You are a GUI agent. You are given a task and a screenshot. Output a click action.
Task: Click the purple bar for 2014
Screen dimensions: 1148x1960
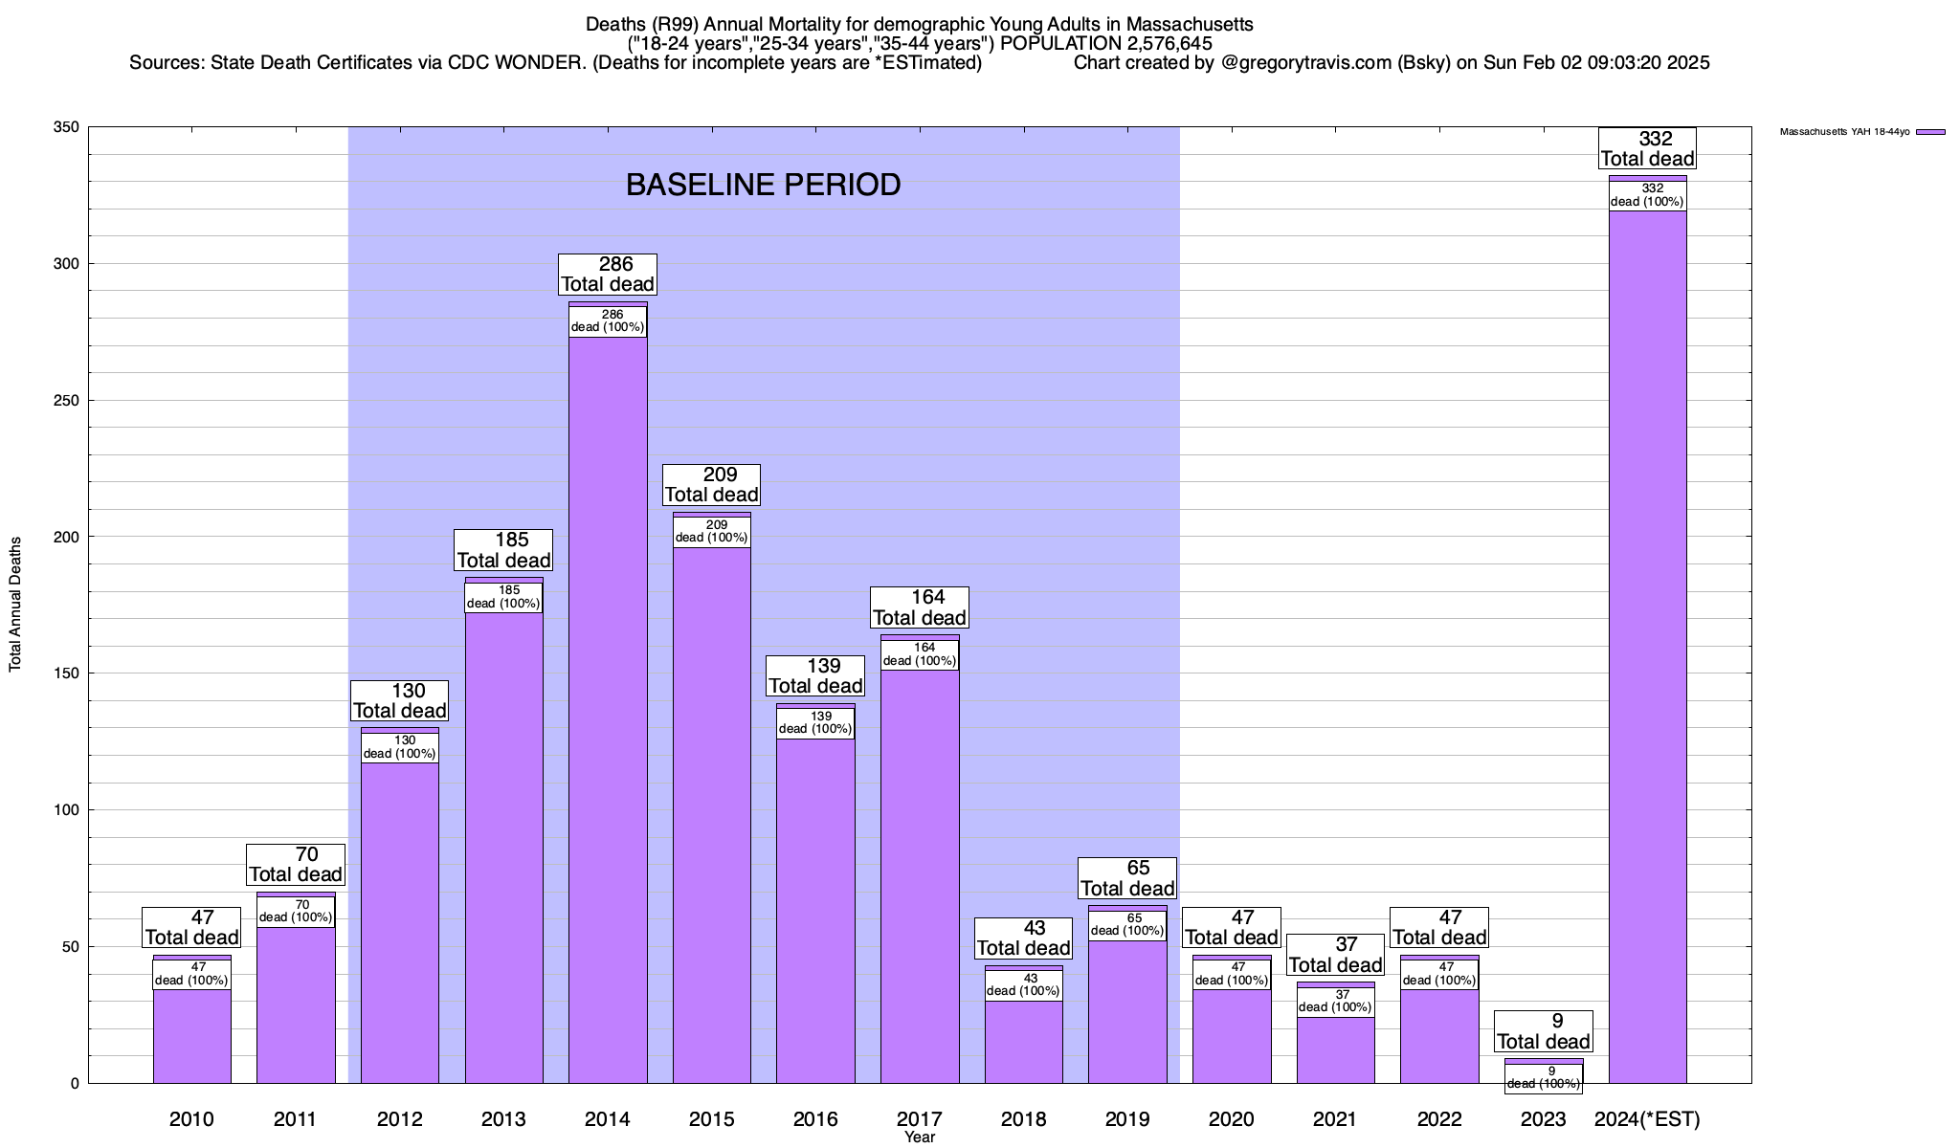pos(608,708)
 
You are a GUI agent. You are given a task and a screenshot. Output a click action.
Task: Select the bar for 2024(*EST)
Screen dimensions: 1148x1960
pos(1647,651)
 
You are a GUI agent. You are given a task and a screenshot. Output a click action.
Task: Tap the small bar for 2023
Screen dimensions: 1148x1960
pos(1543,1061)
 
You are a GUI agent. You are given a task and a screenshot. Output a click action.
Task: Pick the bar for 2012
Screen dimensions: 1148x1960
pos(400,918)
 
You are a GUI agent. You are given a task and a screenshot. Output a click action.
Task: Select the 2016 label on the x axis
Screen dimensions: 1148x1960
pos(815,1118)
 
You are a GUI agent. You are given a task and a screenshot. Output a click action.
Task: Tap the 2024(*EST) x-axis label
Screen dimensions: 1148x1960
pos(1647,1118)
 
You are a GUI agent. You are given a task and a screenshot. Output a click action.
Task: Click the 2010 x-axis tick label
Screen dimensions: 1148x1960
pos(191,1118)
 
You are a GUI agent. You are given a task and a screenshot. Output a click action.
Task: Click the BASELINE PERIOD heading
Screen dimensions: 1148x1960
pos(763,185)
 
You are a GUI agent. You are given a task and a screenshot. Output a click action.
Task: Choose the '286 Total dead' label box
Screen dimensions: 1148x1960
pos(608,275)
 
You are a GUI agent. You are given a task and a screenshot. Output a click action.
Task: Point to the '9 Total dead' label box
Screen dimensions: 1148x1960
pos(1543,1031)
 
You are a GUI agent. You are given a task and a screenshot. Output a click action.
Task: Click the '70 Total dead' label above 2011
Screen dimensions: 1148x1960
pos(296,865)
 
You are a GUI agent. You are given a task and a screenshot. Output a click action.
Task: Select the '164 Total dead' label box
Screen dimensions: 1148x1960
pos(920,607)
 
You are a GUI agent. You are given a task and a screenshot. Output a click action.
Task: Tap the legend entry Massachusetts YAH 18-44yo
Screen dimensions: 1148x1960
pos(1861,132)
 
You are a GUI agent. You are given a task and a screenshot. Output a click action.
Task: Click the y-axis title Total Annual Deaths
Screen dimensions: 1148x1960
pos(15,604)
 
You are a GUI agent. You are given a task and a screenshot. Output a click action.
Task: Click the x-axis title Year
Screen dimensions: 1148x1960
pos(920,1137)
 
